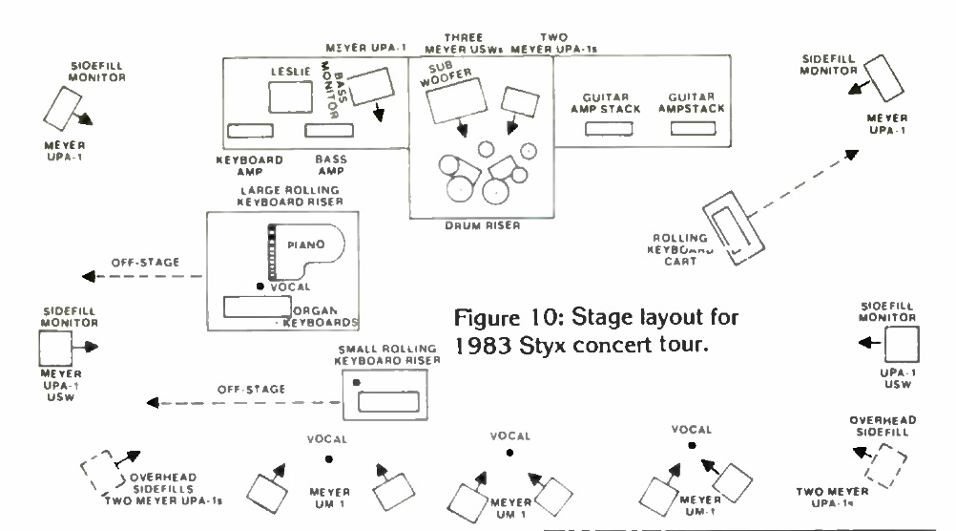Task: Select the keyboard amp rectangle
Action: (x=250, y=130)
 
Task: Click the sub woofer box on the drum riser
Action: (x=454, y=100)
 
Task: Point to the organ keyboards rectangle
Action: (x=258, y=307)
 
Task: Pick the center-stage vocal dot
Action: (x=509, y=454)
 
